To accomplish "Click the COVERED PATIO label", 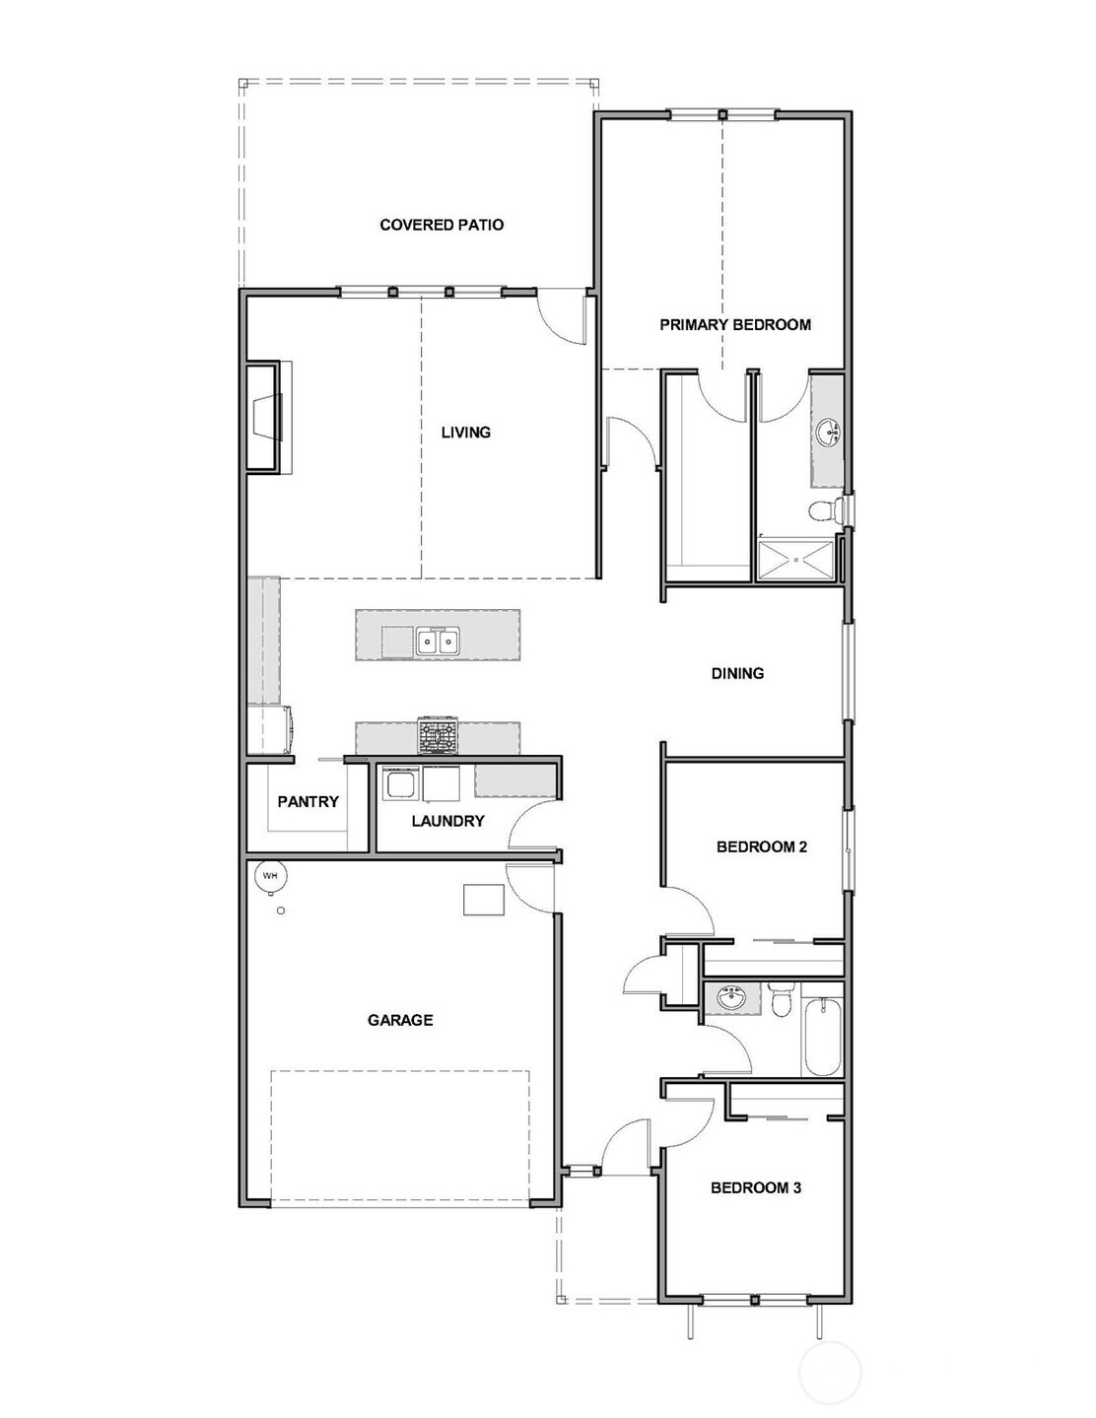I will [442, 225].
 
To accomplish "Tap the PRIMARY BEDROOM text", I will [735, 324].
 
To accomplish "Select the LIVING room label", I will [465, 432].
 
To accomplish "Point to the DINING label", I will [737, 673].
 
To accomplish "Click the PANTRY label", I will [308, 801].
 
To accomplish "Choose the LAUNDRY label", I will [447, 821].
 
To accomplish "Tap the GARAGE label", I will [400, 1020].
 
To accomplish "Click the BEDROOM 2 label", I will [761, 846].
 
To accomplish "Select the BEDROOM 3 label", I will [756, 1187].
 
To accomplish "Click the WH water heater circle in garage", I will [269, 874].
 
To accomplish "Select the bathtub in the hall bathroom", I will [822, 1039].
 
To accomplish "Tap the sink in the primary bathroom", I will [828, 432].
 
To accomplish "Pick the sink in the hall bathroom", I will [730, 999].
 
